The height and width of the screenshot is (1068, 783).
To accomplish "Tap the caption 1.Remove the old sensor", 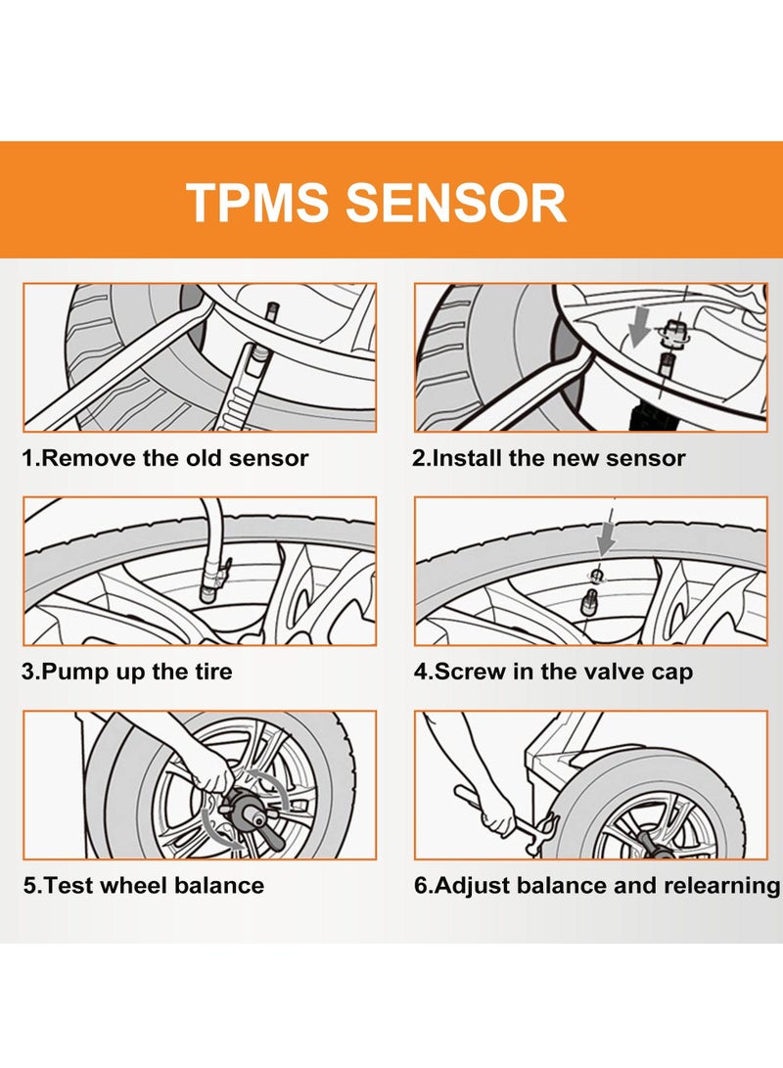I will (165, 458).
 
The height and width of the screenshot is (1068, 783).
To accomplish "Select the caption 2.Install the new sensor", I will (549, 458).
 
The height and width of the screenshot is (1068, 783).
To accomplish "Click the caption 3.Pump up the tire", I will (127, 673).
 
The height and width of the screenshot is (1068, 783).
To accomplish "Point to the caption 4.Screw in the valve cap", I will (553, 673).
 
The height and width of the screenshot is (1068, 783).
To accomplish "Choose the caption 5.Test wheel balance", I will (143, 886).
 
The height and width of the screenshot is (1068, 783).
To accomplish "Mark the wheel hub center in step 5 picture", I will (240, 811).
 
